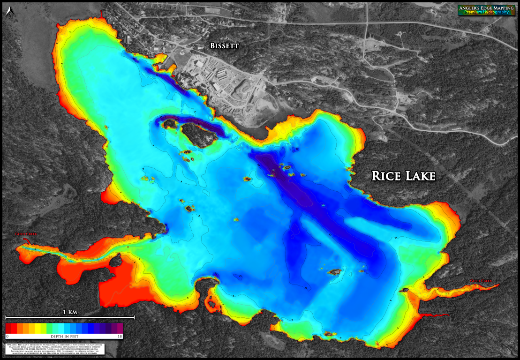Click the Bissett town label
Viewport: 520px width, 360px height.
pyautogui.click(x=224, y=46)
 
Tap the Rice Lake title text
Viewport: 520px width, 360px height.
pyautogui.click(x=404, y=176)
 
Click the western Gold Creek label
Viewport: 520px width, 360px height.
pyautogui.click(x=25, y=234)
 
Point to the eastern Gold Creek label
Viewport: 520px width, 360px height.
pyautogui.click(x=481, y=281)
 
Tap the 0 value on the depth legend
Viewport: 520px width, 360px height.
pyautogui.click(x=8, y=336)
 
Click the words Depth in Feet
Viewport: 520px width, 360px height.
pyautogui.click(x=64, y=336)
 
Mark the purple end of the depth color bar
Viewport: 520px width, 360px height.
pyautogui.click(x=119, y=328)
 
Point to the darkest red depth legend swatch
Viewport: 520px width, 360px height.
pyautogui.click(x=8, y=328)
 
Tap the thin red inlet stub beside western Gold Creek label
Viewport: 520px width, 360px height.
pyautogui.click(x=28, y=241)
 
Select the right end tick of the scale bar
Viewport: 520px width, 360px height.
pyautogui.click(x=134, y=317)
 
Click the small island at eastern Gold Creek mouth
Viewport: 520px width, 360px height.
pyautogui.click(x=404, y=291)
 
